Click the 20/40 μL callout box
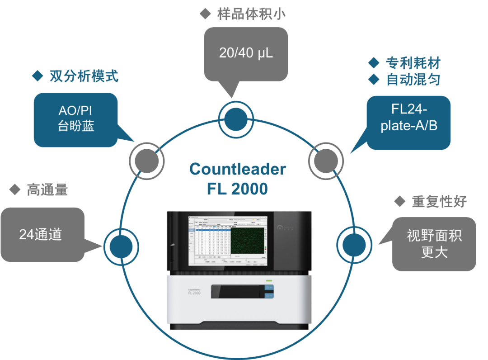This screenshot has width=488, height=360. [246, 53]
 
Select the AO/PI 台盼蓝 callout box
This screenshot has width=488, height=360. [75, 119]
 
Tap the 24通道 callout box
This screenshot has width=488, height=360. [42, 234]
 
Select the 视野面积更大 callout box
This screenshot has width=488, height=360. [434, 244]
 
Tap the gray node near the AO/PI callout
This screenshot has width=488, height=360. [146, 159]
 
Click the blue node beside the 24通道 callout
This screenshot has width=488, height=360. [121, 245]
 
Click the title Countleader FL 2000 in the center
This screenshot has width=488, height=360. [237, 179]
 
